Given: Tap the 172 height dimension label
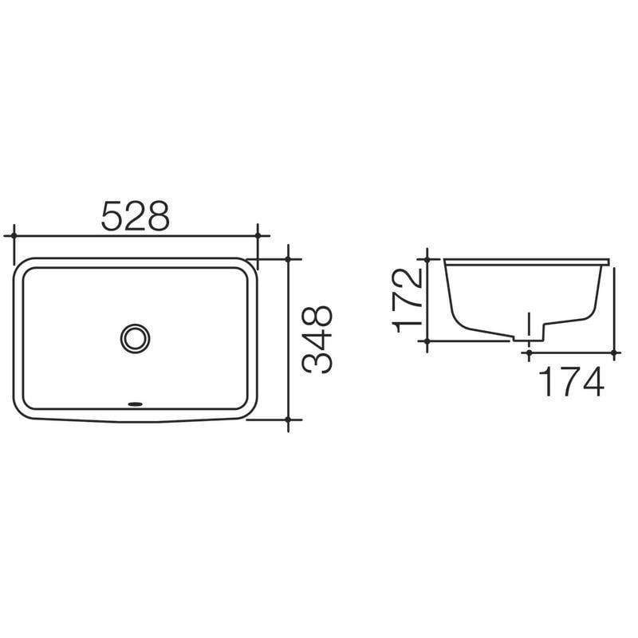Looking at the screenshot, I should [408, 299].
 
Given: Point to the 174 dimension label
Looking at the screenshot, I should [572, 383].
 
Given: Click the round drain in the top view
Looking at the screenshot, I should [134, 337].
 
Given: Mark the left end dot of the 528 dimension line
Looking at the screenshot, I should [13, 236].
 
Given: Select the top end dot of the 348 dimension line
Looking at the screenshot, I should [289, 258].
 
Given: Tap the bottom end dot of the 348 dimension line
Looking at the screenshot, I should [289, 419].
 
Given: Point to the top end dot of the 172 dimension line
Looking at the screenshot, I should [428, 259].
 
